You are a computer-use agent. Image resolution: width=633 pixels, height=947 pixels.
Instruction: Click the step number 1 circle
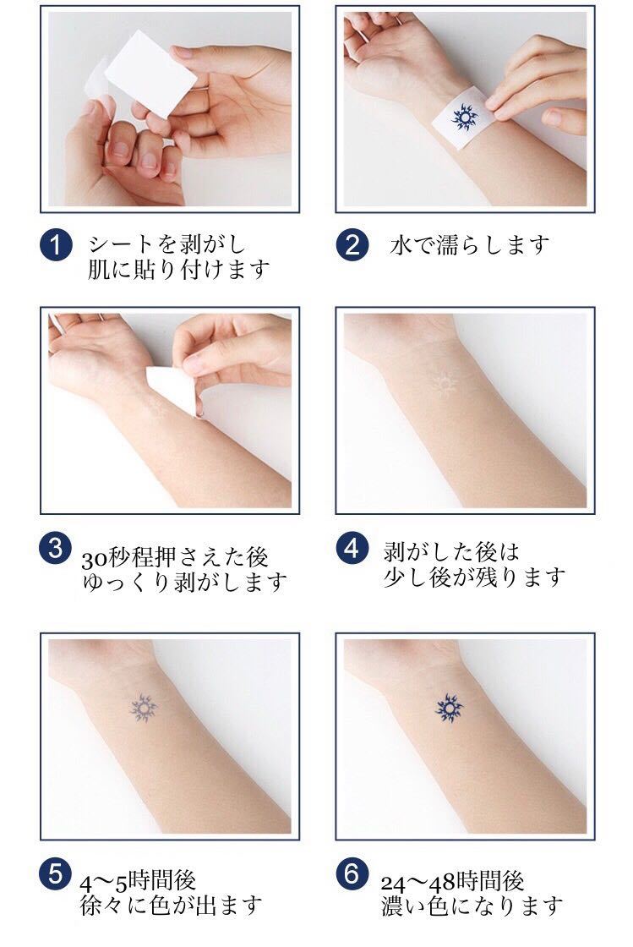click(56, 246)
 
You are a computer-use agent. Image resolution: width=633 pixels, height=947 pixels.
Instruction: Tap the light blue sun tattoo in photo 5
click(145, 705)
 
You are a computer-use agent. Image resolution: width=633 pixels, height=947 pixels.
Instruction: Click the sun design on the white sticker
click(463, 118)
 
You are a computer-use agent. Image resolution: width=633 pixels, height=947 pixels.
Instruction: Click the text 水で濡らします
click(470, 245)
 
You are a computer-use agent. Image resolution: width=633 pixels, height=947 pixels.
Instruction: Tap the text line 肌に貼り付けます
click(180, 270)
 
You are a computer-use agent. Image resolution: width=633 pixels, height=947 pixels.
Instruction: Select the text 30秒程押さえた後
click(175, 558)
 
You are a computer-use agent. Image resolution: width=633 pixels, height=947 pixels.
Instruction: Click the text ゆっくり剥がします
click(184, 583)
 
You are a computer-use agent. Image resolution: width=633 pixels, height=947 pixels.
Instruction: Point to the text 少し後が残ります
click(474, 578)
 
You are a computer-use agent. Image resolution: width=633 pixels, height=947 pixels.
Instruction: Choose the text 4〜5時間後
click(139, 880)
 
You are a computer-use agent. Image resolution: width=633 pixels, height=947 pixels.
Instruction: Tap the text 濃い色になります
click(472, 906)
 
